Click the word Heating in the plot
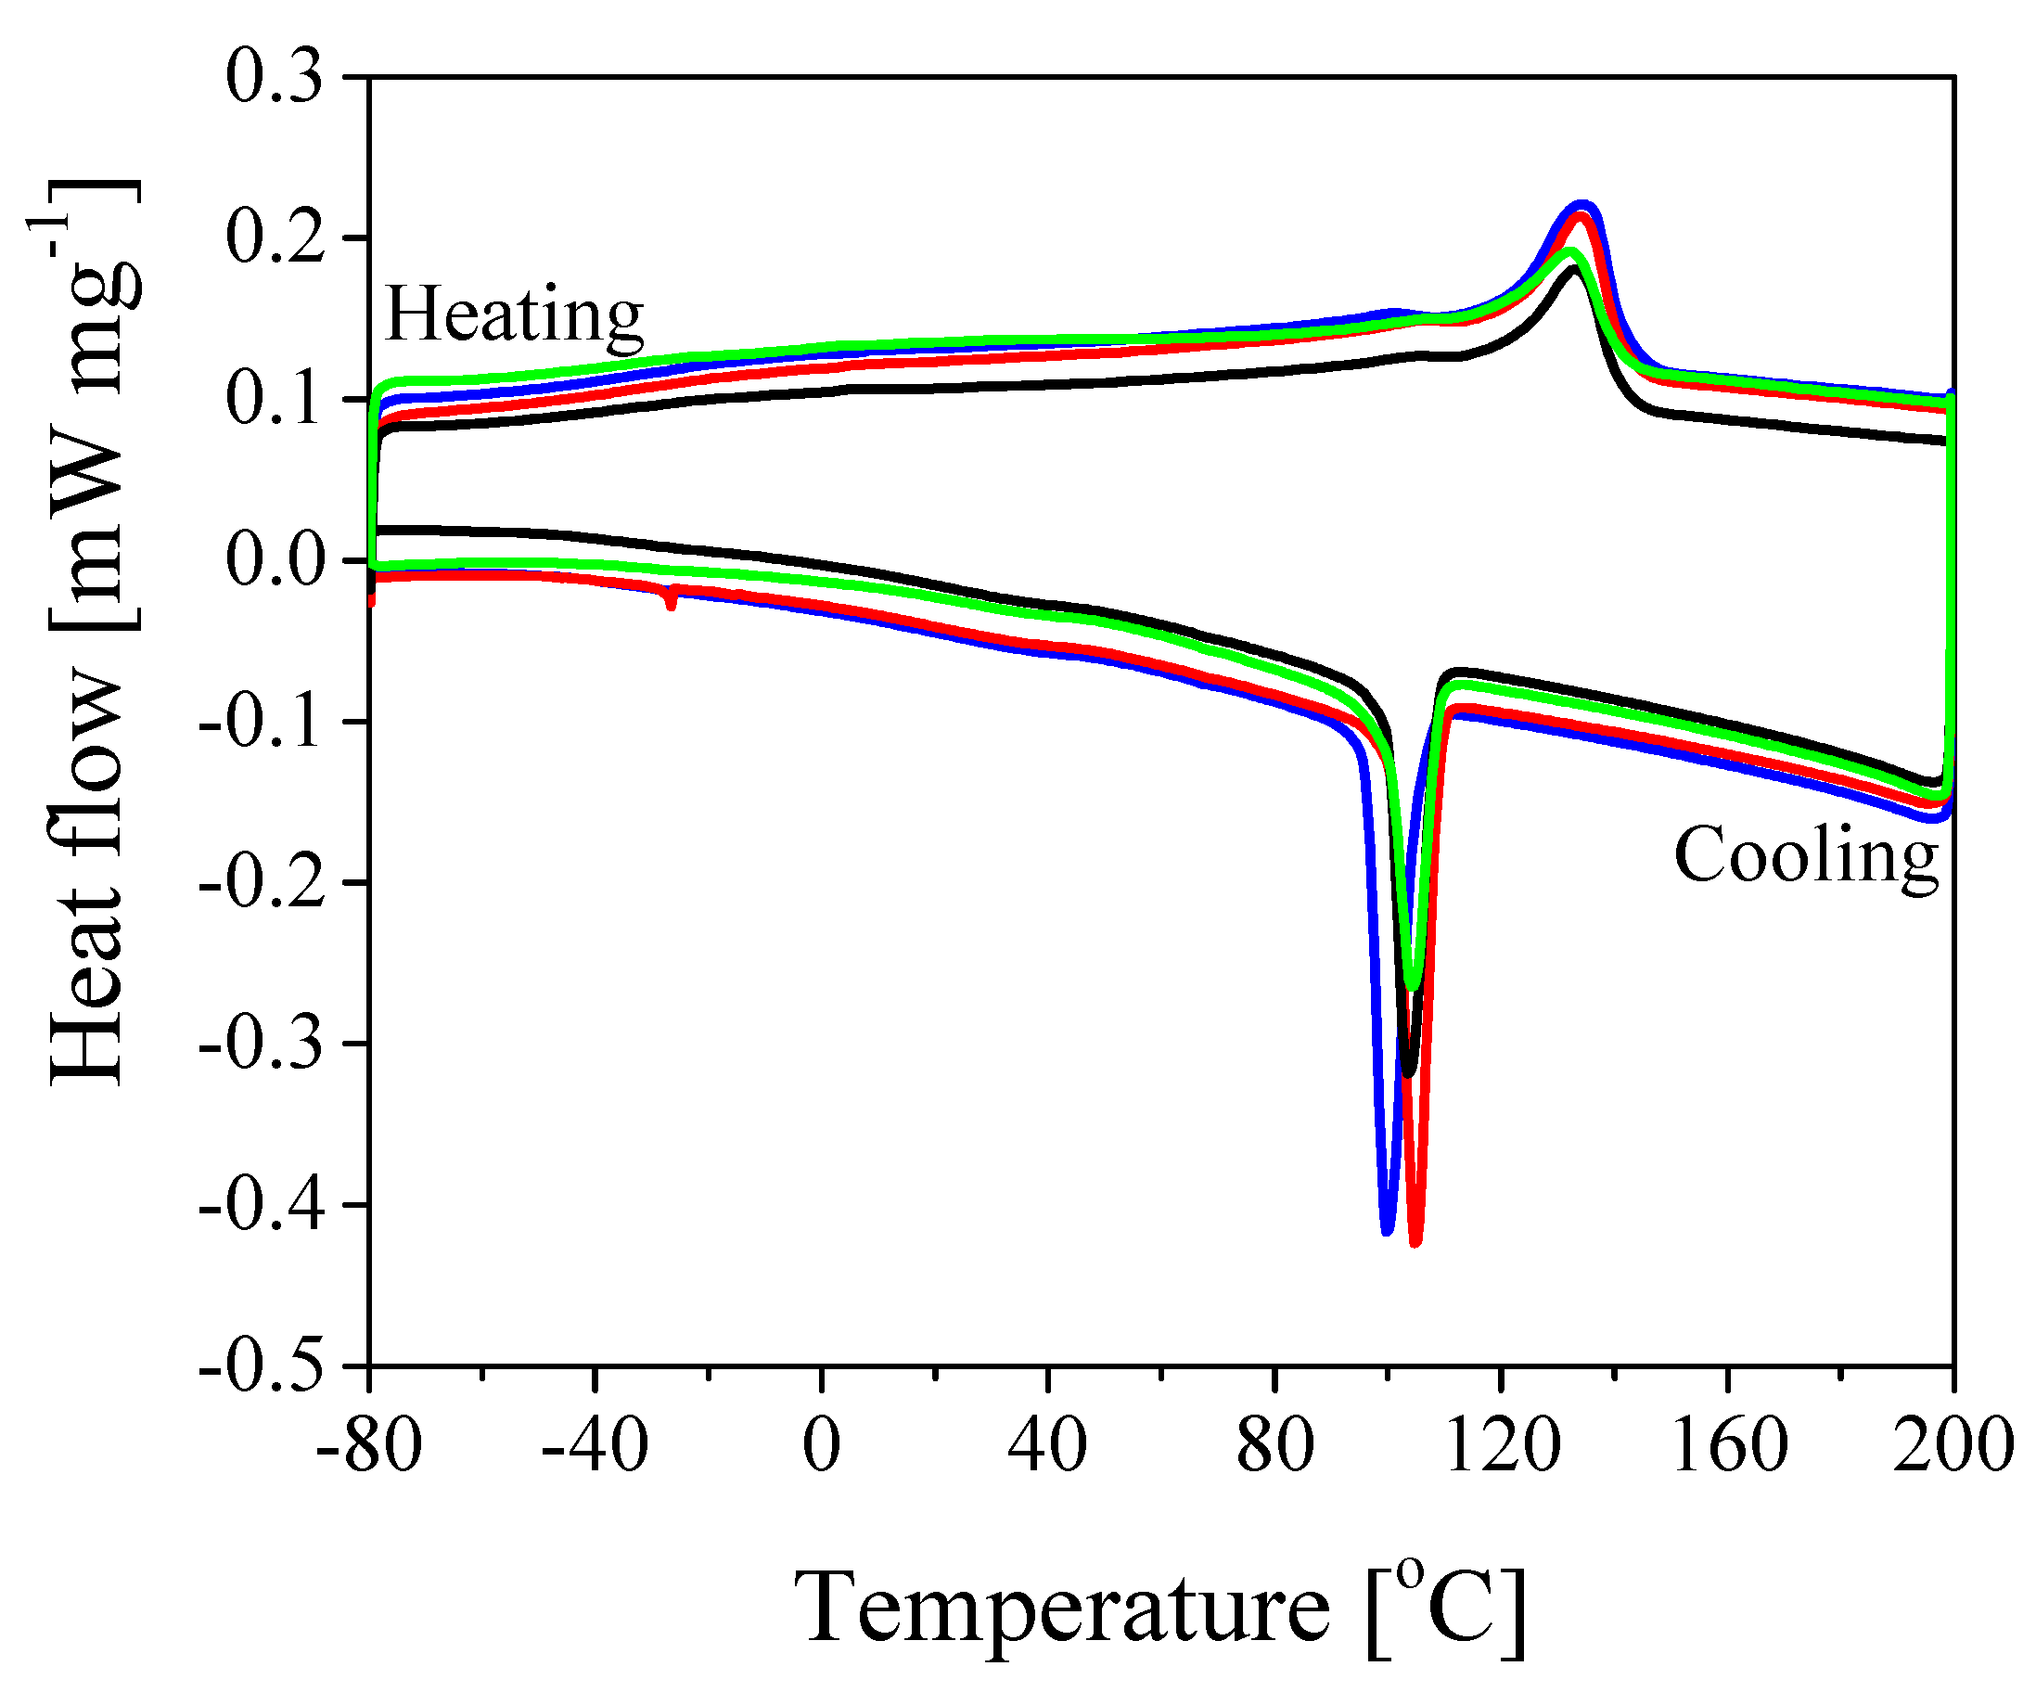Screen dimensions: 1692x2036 pos(514,315)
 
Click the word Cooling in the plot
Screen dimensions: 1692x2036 pos(1805,856)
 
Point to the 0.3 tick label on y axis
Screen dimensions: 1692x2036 pos(275,78)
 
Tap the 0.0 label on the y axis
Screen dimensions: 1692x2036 pos(275,560)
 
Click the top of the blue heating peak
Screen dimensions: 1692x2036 pos(1583,206)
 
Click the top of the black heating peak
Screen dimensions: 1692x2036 pos(1572,271)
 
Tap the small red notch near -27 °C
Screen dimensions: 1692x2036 pos(671,604)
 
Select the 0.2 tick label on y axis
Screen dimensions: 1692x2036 pos(275,238)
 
